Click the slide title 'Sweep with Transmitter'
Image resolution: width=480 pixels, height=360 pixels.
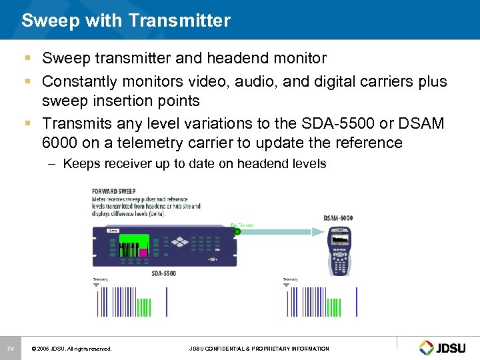126,21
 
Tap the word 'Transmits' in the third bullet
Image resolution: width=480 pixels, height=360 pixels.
74,124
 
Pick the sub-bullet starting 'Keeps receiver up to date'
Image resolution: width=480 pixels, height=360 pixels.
194,164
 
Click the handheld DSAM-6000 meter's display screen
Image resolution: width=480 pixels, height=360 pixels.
340,238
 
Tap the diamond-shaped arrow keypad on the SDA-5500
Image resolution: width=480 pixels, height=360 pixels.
180,243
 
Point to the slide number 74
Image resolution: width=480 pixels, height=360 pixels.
10,349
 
